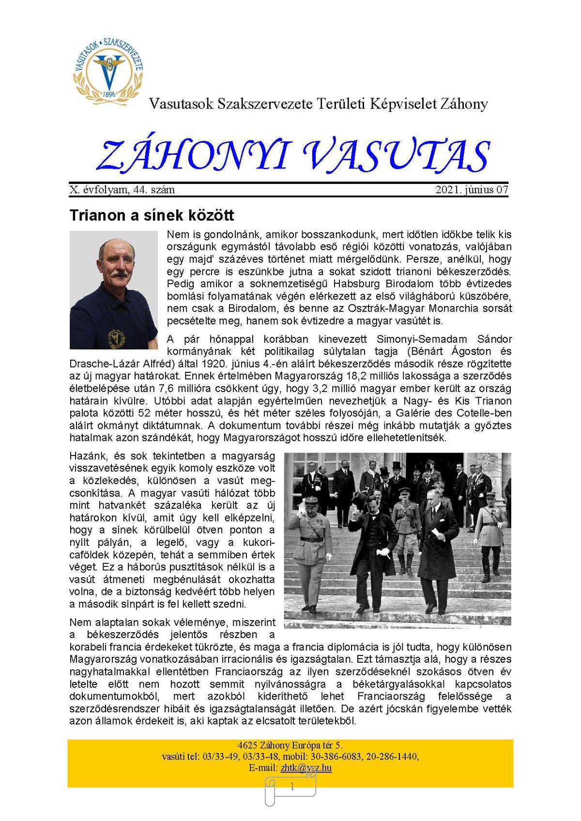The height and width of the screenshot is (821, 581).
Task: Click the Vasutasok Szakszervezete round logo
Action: pyautogui.click(x=108, y=70)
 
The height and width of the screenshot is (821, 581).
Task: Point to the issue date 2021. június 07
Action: pyautogui.click(x=472, y=190)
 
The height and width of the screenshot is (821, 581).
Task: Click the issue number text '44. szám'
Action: pyautogui.click(x=154, y=190)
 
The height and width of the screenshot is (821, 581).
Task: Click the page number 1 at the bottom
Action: pyautogui.click(x=291, y=787)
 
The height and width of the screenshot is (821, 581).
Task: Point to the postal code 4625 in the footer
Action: pyautogui.click(x=247, y=745)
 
